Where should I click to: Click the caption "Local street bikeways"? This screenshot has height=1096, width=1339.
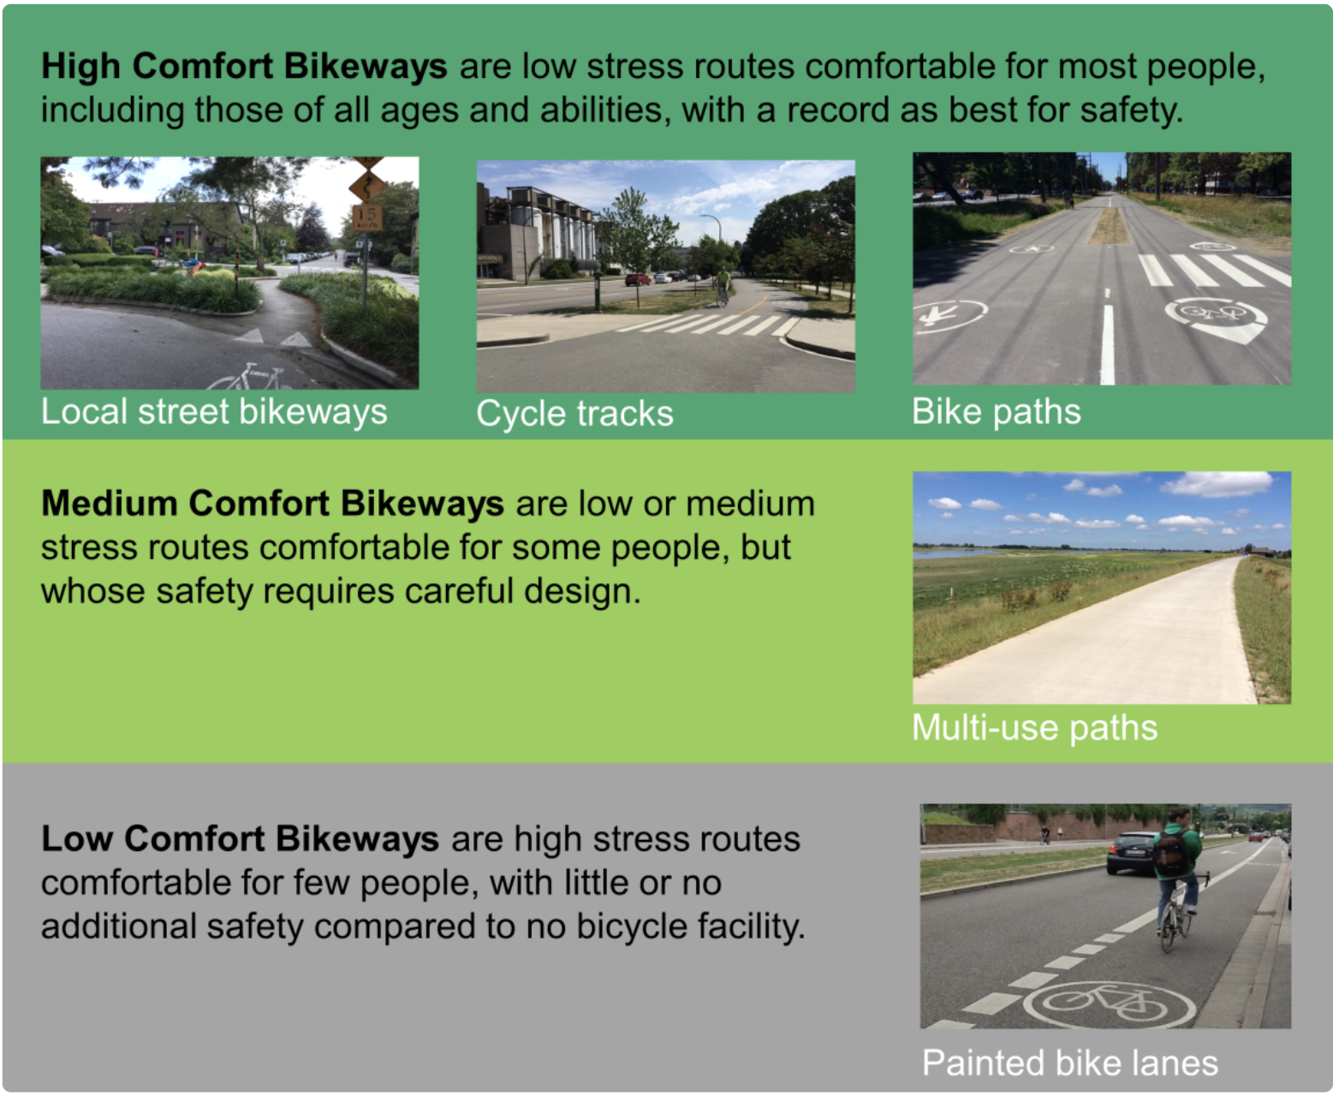coord(214,412)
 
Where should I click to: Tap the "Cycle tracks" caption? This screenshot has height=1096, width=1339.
coord(574,414)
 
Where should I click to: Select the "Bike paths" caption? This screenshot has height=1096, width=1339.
coord(996,412)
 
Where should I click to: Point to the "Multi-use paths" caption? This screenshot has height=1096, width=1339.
coord(1034,728)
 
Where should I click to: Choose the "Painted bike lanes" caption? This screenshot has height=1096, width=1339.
coord(1069,1063)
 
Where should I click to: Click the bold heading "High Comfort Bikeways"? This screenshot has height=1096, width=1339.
coord(244,66)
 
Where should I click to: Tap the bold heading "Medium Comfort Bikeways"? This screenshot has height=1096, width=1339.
coord(272,503)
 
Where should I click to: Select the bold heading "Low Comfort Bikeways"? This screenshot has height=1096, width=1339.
coord(240,838)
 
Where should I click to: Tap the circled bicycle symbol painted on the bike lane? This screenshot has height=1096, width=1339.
coord(1110,1003)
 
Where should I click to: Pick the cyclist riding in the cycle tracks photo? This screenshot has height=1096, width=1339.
coord(723,286)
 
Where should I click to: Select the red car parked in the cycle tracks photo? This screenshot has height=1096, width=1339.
coord(637,279)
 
